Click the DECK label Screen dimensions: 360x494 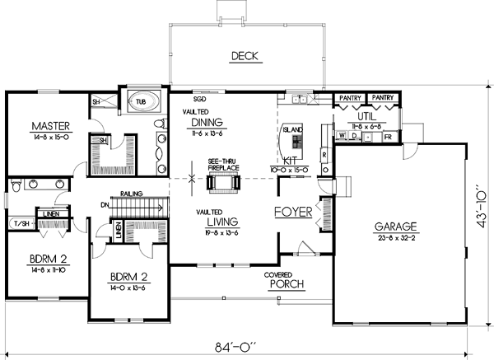[245, 56]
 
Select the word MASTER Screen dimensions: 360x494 [49, 126]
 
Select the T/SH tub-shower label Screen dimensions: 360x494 [19, 223]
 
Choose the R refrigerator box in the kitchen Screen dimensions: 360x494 [324, 155]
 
